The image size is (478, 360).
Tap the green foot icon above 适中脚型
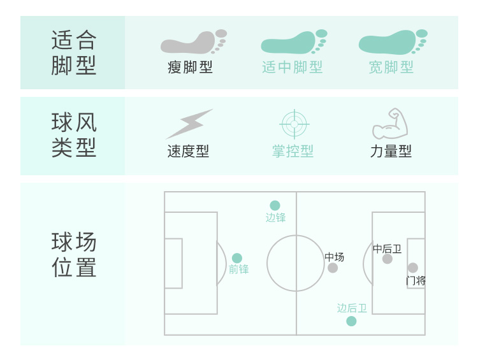tap(293, 42)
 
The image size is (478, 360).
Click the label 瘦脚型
tap(190, 68)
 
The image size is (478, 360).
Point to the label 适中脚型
tap(293, 68)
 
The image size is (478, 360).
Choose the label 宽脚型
tap(391, 68)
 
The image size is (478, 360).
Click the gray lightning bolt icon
tap(189, 124)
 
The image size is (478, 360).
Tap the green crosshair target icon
tap(294, 124)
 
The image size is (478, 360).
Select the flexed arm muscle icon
tap(389, 124)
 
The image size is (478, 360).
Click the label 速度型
tap(188, 152)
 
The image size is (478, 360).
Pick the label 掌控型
tap(293, 152)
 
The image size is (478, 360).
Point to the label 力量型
tap(391, 152)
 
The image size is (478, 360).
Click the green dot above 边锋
tap(275, 205)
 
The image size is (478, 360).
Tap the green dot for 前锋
tap(237, 258)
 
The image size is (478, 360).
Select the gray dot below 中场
tap(333, 268)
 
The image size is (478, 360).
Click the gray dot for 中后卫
tap(387, 259)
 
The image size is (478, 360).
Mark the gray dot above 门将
tap(413, 268)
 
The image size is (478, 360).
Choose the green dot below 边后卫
tap(351, 321)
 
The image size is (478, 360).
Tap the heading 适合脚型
tap(74, 53)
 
